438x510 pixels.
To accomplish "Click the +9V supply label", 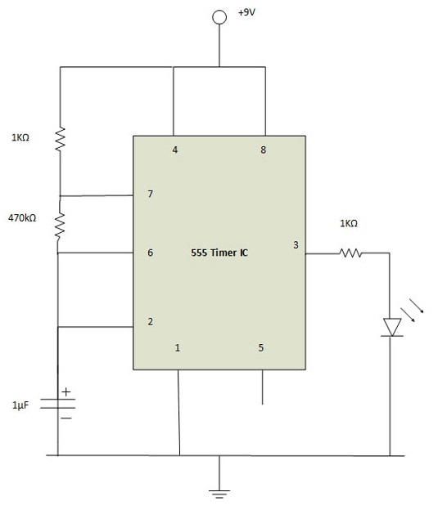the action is pos(246,12).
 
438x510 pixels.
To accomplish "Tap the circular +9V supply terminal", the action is pos(219,17).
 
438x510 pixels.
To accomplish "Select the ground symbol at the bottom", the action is pos(219,494).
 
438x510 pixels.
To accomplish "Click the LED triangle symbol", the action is pos(392,327).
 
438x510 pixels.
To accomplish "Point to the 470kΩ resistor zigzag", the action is pos(60,226).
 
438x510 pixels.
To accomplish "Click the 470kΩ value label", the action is pos(22,218).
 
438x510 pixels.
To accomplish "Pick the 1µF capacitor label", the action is pos(20,405).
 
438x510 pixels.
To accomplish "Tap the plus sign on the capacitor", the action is pos(66,392).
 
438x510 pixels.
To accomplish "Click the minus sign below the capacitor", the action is pos(66,418).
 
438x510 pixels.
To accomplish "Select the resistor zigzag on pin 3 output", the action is pos(350,253).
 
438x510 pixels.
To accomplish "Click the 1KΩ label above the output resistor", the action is pos(349,223).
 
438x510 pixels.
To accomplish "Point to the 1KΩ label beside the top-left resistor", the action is pos(20,137).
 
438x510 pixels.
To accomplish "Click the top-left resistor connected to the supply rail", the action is pos(60,139).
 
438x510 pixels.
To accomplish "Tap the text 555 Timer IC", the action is pos(219,253).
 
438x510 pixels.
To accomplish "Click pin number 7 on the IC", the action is pos(151,194).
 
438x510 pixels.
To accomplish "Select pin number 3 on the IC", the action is pos(296,245).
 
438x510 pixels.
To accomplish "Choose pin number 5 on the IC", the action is pos(261,347).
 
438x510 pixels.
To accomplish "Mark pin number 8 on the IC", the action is pos(264,150).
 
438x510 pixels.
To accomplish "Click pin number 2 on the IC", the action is pos(151,322).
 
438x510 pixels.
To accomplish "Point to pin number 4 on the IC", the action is pos(175,150).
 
